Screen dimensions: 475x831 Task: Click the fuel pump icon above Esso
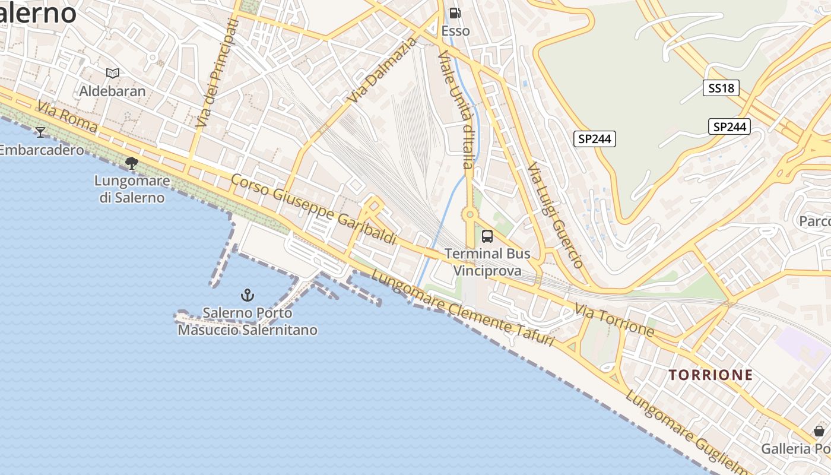click(x=455, y=13)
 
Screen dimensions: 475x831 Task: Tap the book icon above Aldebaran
click(x=113, y=73)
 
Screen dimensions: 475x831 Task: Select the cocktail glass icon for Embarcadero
click(x=40, y=131)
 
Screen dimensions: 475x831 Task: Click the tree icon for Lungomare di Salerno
click(x=132, y=162)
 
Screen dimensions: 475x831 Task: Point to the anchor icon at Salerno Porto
click(x=247, y=294)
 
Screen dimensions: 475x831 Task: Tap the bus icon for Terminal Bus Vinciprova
click(x=487, y=236)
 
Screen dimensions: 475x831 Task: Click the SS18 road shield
click(x=721, y=88)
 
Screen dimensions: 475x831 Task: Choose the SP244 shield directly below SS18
click(x=729, y=126)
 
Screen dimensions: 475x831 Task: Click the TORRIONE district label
click(x=711, y=375)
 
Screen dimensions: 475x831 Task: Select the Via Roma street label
click(x=67, y=116)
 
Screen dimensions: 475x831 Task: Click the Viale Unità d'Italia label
click(x=456, y=109)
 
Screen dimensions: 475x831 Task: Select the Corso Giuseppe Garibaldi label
click(x=313, y=209)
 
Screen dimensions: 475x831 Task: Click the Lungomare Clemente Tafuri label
click(x=462, y=308)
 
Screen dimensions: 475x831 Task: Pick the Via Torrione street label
click(x=614, y=319)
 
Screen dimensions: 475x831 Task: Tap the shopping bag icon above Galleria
click(x=819, y=430)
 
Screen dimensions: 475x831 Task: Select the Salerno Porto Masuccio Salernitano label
click(x=248, y=321)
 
